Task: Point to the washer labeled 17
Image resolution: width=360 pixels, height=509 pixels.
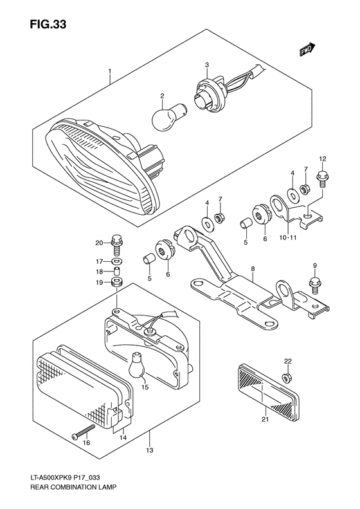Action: pos(116,261)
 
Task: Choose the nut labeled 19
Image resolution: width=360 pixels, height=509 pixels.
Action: pos(116,282)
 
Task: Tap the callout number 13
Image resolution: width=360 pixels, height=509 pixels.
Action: pos(149,450)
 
